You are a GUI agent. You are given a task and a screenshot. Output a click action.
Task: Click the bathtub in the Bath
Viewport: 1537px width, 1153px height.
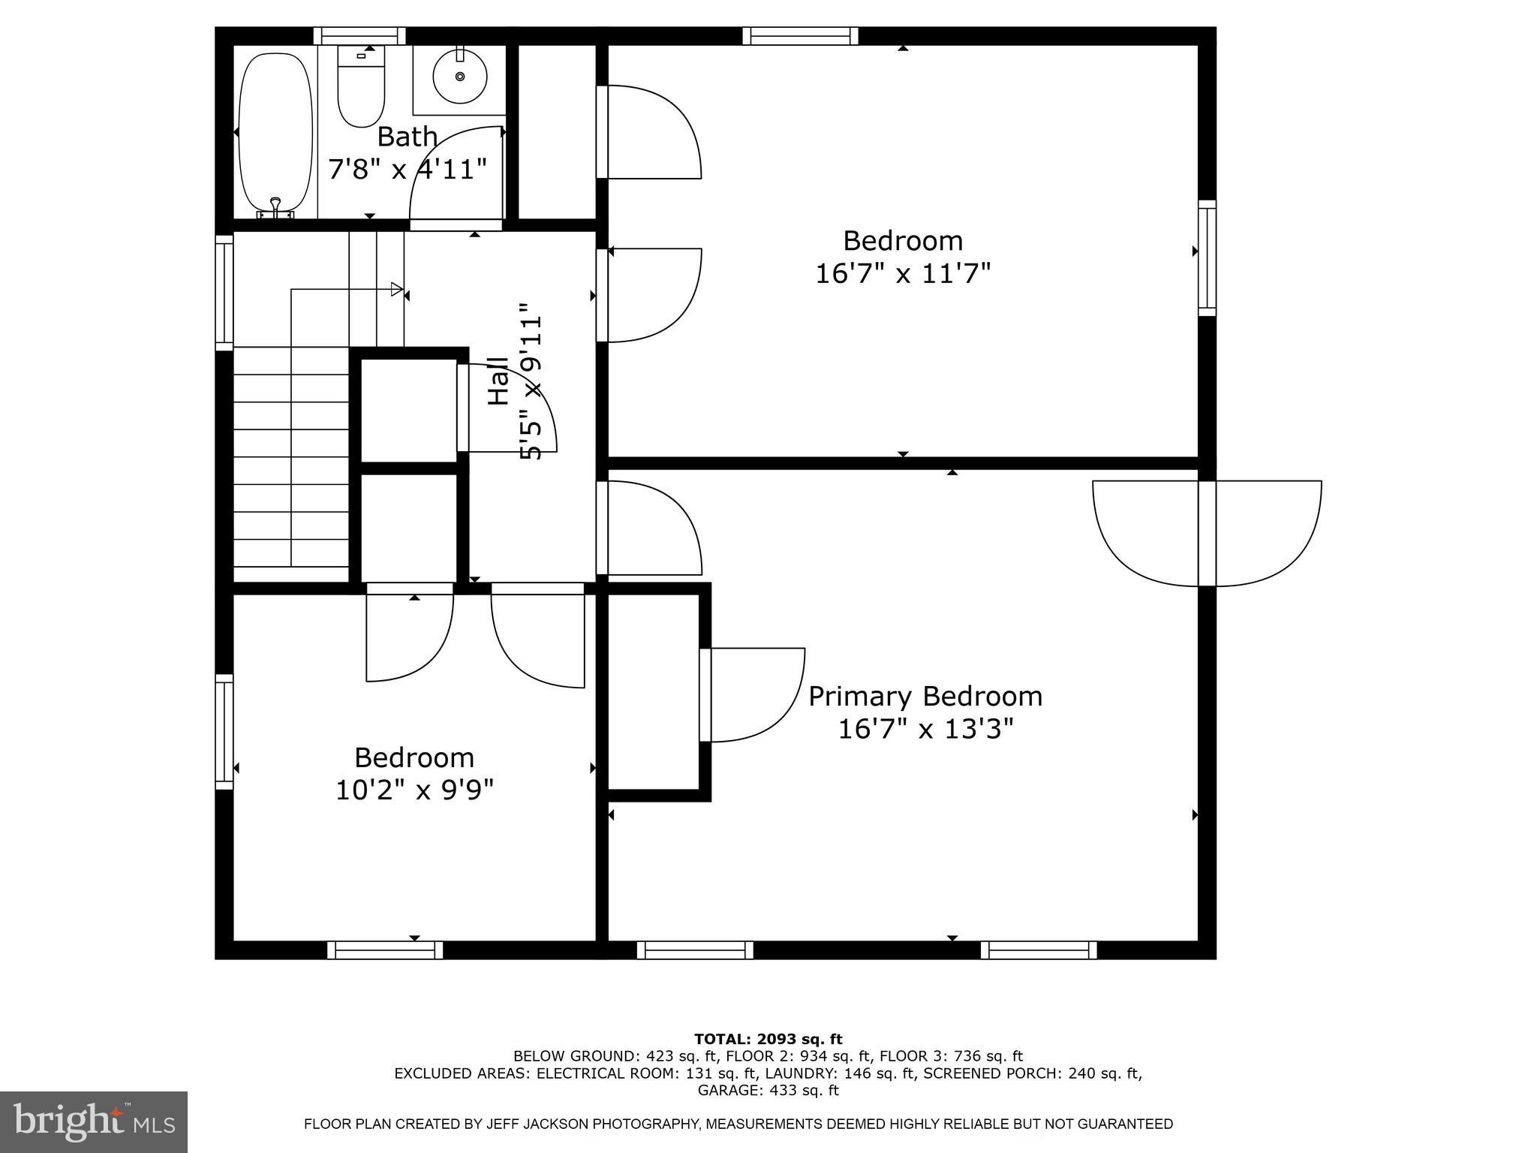point(275,131)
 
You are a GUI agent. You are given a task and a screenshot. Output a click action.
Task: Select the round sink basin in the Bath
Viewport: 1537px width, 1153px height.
point(459,77)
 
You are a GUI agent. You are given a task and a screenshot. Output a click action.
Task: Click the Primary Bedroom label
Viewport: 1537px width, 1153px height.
point(925,697)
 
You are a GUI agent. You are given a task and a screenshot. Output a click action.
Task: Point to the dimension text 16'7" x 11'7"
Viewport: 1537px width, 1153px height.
point(903,273)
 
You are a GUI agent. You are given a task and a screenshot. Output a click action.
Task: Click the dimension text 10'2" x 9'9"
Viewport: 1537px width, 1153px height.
point(414,790)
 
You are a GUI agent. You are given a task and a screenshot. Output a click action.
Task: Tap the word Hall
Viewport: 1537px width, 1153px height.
point(498,381)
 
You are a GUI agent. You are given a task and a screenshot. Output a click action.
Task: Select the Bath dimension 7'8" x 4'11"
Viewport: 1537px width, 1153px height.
point(408,169)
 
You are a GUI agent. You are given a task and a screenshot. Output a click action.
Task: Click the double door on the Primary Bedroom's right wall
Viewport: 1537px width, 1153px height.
point(1207,533)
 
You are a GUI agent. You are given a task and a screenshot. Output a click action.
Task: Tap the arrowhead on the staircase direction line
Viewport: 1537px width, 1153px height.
point(397,289)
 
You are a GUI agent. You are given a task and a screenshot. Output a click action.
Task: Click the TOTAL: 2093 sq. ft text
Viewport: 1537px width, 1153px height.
point(768,1039)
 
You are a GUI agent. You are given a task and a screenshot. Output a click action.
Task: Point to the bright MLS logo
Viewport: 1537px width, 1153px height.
point(93,1121)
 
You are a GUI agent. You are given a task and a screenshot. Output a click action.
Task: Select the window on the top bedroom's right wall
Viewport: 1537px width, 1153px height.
point(1207,258)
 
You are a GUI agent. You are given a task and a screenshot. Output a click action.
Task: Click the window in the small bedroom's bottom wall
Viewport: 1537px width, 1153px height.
point(385,950)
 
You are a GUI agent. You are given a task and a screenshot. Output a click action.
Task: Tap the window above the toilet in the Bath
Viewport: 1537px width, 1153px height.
point(359,35)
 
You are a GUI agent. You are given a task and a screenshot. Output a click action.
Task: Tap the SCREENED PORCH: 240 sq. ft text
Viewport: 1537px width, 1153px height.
point(1032,1073)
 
